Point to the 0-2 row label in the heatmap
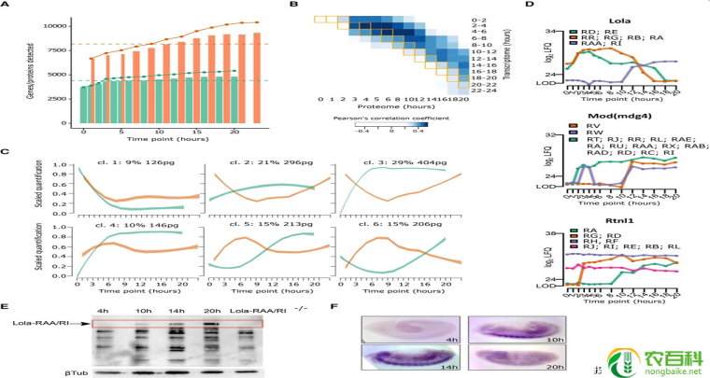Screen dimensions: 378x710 point(481,20)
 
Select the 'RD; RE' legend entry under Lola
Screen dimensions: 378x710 point(597,31)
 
